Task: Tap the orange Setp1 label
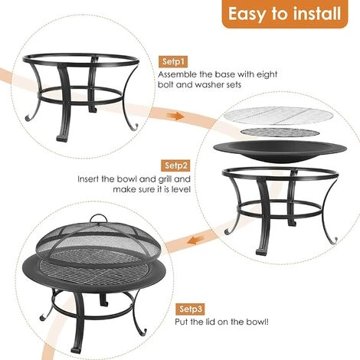tap(174, 61)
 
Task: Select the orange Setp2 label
tap(175, 165)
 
